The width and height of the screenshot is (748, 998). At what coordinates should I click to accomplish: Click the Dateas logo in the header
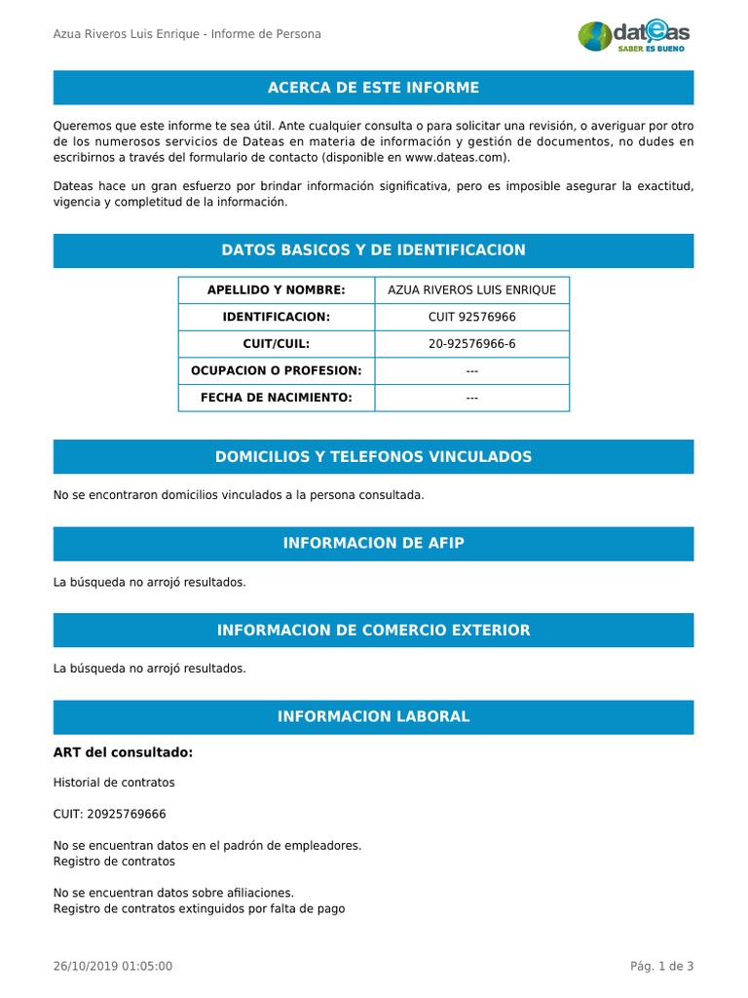634,36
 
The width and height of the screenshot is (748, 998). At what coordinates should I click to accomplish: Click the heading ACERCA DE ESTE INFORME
373,88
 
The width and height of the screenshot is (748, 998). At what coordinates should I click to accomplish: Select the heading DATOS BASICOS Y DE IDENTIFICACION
373,250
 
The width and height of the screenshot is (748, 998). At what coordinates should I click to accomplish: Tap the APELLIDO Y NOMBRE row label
277,290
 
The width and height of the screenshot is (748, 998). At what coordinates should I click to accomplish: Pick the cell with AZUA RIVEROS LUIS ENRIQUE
472,290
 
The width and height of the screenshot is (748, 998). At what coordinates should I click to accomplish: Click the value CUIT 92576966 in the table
472,317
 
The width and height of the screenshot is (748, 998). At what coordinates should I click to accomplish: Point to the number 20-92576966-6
472,344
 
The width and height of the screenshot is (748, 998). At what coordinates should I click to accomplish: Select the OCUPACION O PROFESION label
277,370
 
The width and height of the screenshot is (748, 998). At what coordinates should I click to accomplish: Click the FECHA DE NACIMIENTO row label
277,398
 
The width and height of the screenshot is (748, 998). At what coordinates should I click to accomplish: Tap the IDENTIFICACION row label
277,317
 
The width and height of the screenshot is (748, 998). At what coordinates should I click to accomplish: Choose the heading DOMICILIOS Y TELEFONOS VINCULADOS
373,457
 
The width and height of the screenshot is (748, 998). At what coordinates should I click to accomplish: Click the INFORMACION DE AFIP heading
373,544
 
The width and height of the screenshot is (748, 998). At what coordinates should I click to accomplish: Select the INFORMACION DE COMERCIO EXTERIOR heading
373,631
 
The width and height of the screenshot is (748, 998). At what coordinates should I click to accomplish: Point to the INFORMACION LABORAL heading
373,717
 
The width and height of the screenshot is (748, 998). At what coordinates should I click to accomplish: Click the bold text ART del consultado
123,752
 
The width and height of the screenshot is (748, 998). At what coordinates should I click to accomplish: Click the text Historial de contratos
114,783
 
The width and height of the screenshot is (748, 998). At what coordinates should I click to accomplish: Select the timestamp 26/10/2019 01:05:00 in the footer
113,966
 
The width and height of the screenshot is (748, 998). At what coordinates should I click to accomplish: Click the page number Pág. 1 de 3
661,966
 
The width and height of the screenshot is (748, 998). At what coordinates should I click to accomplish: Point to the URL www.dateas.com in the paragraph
455,157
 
